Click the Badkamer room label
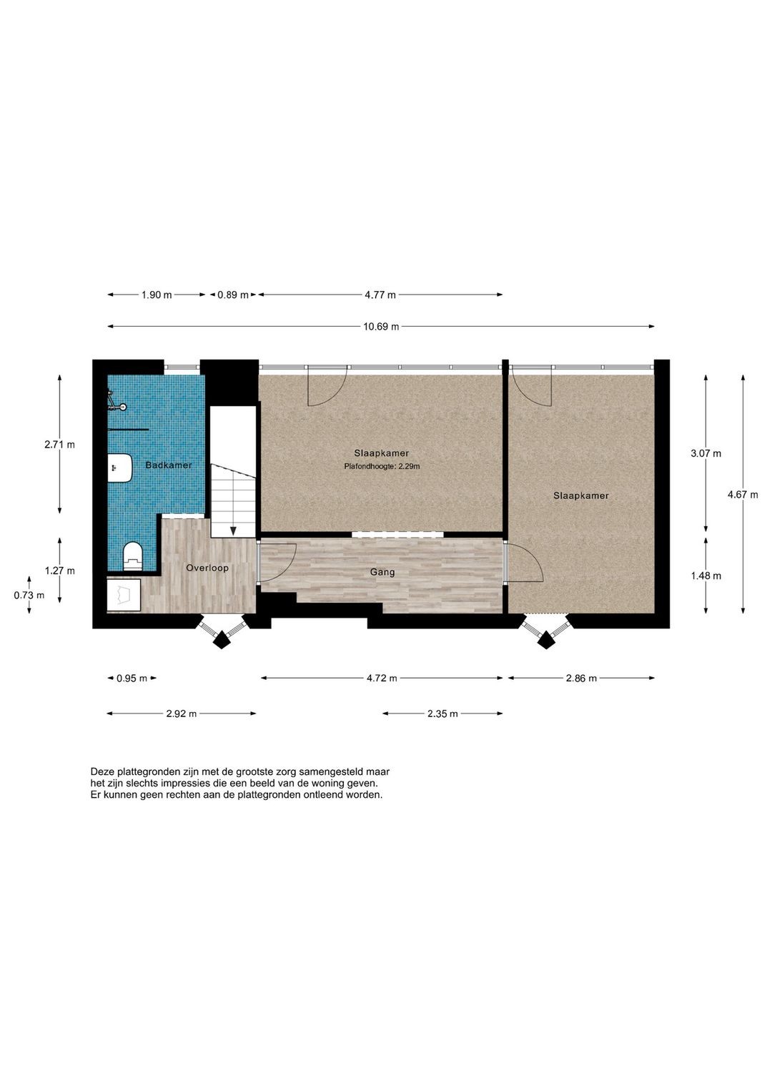point(169,465)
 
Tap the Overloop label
point(207,568)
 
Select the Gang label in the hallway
point(382,572)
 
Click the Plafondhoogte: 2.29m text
point(382,467)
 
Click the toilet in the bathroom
point(133,556)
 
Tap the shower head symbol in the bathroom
point(115,401)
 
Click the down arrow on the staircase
point(233,530)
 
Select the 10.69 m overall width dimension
point(380,327)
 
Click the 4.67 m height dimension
point(743,494)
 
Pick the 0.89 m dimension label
point(233,295)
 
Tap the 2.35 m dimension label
point(442,714)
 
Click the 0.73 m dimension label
point(29,595)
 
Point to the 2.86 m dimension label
point(581,678)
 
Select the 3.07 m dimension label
point(706,453)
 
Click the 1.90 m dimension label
point(157,295)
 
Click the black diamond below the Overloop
point(222,638)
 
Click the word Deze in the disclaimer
point(102,772)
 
